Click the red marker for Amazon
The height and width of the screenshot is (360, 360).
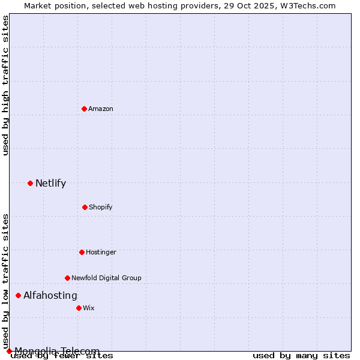click(x=84, y=109)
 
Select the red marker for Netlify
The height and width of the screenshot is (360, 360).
click(x=30, y=183)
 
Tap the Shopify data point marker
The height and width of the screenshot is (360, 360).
click(x=85, y=207)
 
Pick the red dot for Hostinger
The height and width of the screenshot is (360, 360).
click(x=82, y=252)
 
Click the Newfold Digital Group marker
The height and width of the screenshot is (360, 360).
click(x=67, y=278)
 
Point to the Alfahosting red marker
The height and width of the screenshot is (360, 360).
click(x=18, y=295)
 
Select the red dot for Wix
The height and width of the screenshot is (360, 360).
click(x=79, y=308)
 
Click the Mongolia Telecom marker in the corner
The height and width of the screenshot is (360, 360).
click(x=9, y=351)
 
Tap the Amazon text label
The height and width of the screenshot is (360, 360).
click(x=101, y=109)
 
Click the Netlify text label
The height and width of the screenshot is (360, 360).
click(x=50, y=184)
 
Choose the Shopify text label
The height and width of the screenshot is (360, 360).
click(x=101, y=207)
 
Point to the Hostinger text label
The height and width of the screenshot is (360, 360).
click(x=101, y=252)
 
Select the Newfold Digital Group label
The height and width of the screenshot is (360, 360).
click(x=106, y=278)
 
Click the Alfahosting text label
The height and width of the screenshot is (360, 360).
click(x=50, y=296)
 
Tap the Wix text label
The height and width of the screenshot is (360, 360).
click(x=89, y=308)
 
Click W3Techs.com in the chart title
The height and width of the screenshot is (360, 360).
click(x=309, y=5)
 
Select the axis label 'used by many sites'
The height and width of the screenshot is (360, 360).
click(x=301, y=355)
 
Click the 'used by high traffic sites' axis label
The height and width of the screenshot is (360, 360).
click(x=5, y=85)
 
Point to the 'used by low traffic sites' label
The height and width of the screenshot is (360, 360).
click(x=5, y=281)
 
